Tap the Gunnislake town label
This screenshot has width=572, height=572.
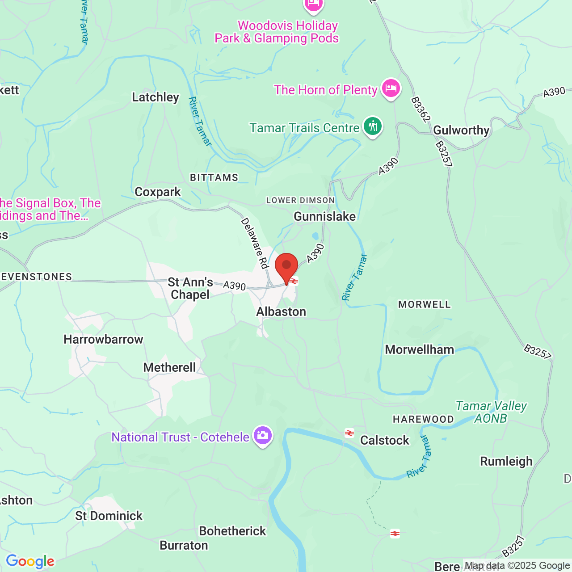point(324,217)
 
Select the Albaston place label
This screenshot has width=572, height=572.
point(281,311)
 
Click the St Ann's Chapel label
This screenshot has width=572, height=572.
point(190,288)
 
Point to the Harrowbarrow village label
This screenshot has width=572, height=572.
point(103,340)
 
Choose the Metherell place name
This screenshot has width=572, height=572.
point(169,367)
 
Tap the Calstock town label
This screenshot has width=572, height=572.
point(384,441)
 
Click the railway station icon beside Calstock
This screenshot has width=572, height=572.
point(349,433)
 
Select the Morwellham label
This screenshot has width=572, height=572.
point(419,349)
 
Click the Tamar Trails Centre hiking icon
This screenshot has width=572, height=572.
point(372,127)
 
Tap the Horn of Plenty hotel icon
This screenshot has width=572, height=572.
point(391,88)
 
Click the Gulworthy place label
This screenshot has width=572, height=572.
point(461,130)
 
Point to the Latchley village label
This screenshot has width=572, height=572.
point(156,97)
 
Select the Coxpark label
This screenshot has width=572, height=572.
point(158,192)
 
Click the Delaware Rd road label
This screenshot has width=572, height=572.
point(254,243)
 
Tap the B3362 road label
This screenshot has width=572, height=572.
point(420,109)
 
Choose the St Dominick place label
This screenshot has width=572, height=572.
point(109,516)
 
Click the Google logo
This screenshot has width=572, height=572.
point(30,561)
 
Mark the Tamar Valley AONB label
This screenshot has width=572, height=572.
point(491,412)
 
